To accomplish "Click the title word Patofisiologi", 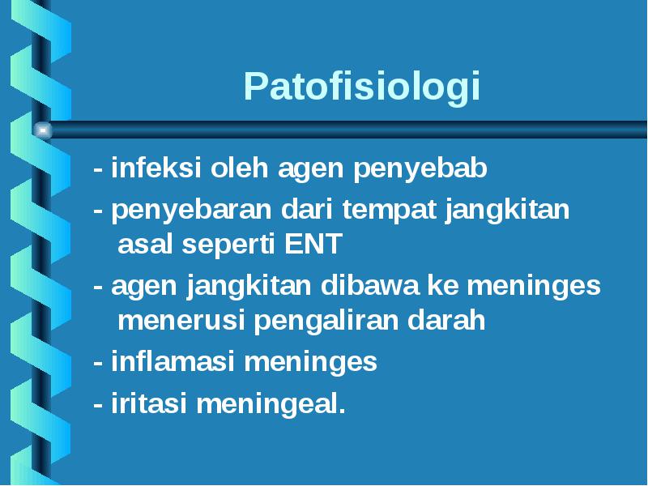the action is (x=361, y=87).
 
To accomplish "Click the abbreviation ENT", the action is (x=313, y=244).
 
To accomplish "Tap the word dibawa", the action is (x=370, y=285).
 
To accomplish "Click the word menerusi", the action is (x=181, y=320).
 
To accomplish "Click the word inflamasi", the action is (x=173, y=360).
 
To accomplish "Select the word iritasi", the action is (x=149, y=403).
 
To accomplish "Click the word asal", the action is (x=145, y=244).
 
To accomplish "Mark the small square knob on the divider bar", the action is (x=43, y=130).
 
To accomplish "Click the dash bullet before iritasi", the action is (x=98, y=404).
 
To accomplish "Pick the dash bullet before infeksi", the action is (x=98, y=169).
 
